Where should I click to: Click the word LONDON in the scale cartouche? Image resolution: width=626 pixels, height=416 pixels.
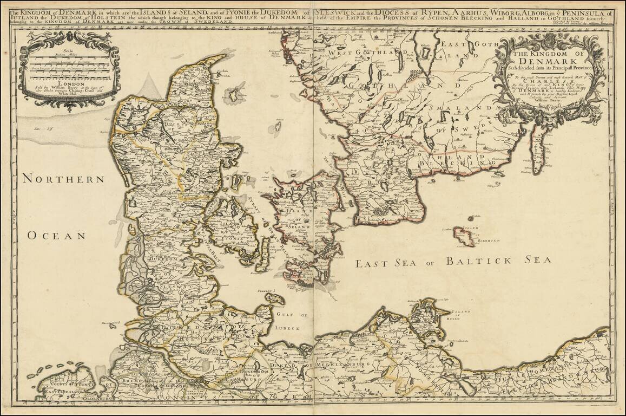pyautogui.click(x=68, y=84)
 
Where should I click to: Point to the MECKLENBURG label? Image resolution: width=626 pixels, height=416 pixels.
pyautogui.click(x=341, y=366)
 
